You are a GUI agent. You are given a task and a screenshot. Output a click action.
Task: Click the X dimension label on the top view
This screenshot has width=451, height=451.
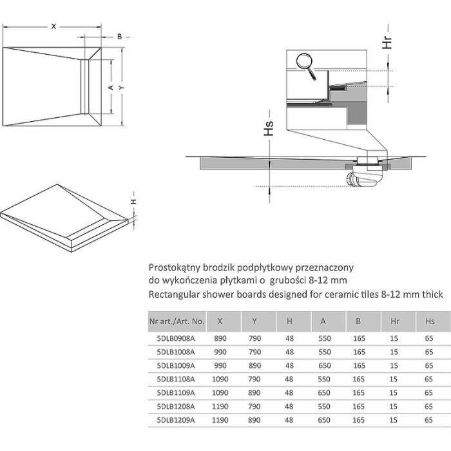click(x=54, y=27)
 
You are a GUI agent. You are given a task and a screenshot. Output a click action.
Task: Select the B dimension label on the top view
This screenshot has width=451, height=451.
click(x=120, y=37)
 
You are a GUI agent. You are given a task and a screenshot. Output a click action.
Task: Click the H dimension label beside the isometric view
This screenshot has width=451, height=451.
click(x=133, y=202)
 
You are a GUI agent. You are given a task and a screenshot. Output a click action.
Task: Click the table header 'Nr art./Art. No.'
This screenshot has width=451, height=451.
click(x=176, y=320)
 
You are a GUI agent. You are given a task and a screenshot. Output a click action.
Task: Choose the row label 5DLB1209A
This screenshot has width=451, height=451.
click(x=175, y=419)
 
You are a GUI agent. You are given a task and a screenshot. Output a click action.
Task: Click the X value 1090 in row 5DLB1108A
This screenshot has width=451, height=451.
click(x=220, y=378)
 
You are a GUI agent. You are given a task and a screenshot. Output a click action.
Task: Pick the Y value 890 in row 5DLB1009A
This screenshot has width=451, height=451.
click(x=254, y=364)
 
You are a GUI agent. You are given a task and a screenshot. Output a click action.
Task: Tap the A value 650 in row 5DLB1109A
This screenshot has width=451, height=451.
click(x=324, y=392)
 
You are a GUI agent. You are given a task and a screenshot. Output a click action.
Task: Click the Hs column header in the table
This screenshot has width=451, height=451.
click(x=428, y=320)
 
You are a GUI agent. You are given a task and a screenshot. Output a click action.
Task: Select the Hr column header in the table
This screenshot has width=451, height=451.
click(x=394, y=320)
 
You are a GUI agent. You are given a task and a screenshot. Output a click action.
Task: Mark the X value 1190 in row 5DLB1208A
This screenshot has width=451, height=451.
click(x=220, y=406)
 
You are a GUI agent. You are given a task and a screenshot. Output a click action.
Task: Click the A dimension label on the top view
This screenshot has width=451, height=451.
click(x=111, y=87)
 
